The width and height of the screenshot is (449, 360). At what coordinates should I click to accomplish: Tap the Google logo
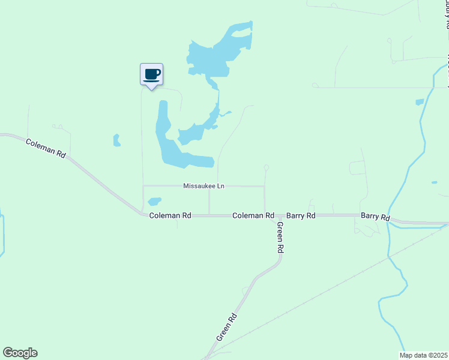(x=20, y=353)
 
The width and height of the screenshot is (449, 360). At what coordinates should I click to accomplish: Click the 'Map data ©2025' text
(x=423, y=355)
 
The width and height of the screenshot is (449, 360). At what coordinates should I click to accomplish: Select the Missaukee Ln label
(x=203, y=187)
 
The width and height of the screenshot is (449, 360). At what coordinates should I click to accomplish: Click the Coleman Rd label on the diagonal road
(x=45, y=148)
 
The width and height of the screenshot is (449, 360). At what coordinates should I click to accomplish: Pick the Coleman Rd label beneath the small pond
(x=170, y=215)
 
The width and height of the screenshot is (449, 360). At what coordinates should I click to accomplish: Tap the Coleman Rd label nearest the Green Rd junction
(x=253, y=215)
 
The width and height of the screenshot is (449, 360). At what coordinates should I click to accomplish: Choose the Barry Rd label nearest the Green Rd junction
(x=301, y=215)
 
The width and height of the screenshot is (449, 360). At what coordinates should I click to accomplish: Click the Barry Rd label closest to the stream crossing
(x=375, y=217)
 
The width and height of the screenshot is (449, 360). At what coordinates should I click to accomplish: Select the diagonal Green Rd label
(x=227, y=326)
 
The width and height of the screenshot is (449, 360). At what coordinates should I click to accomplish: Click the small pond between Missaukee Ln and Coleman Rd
(x=154, y=202)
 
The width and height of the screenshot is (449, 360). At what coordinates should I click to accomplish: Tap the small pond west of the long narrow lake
(x=116, y=140)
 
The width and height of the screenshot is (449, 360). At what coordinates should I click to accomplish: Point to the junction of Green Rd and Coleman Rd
(x=265, y=215)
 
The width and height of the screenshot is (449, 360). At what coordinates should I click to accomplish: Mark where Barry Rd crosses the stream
(x=390, y=220)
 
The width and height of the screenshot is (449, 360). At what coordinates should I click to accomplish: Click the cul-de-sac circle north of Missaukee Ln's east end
(x=266, y=167)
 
